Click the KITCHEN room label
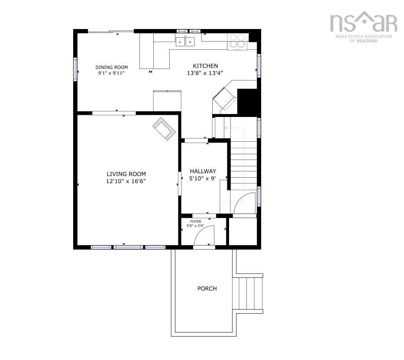click(x=205, y=66)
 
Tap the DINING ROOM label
click(x=112, y=67)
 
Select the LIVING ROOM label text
click(x=126, y=174)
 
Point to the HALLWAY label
click(x=203, y=171)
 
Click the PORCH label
click(x=207, y=289)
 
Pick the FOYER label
click(x=196, y=221)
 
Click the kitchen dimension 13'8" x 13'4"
click(x=205, y=73)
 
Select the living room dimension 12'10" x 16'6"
click(x=126, y=181)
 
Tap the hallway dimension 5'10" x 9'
click(x=203, y=178)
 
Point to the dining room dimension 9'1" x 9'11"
click(x=111, y=73)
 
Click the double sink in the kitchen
click(x=185, y=42)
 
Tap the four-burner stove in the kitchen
click(x=237, y=42)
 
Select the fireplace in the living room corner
click(x=164, y=129)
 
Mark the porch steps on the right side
click(x=248, y=293)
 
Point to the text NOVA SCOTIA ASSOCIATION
click(x=364, y=36)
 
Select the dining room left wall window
click(x=75, y=69)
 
